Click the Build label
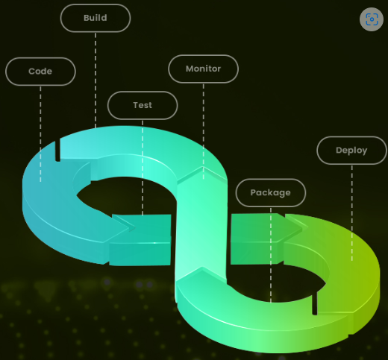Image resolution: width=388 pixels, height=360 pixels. [96, 18]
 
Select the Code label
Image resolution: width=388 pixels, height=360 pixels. [40, 72]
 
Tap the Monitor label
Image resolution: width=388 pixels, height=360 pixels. [203, 69]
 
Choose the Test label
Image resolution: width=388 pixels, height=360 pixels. [143, 105]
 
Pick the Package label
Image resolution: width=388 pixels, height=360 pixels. [271, 192]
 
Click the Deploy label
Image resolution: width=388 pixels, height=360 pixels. [351, 151]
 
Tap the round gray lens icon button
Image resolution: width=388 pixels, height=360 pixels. [372, 19]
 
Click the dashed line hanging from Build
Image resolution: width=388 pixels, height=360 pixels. [96, 80]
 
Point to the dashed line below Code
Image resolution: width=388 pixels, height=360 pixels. [40, 134]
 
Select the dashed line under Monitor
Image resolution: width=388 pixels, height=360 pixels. [204, 131]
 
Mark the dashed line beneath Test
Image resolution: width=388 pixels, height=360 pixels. [143, 168]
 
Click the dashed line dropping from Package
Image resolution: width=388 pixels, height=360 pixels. [271, 255]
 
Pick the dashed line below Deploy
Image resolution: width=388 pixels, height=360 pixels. [352, 213]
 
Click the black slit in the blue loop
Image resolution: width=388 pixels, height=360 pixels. [57, 150]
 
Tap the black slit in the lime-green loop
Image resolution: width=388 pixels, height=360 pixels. [315, 303]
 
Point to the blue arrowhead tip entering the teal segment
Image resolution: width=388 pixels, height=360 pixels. [135, 227]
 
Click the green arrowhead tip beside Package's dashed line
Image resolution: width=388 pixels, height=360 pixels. [308, 227]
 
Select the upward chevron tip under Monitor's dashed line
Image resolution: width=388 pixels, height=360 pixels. [203, 167]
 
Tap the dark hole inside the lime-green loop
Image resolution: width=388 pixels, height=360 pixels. [278, 281]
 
